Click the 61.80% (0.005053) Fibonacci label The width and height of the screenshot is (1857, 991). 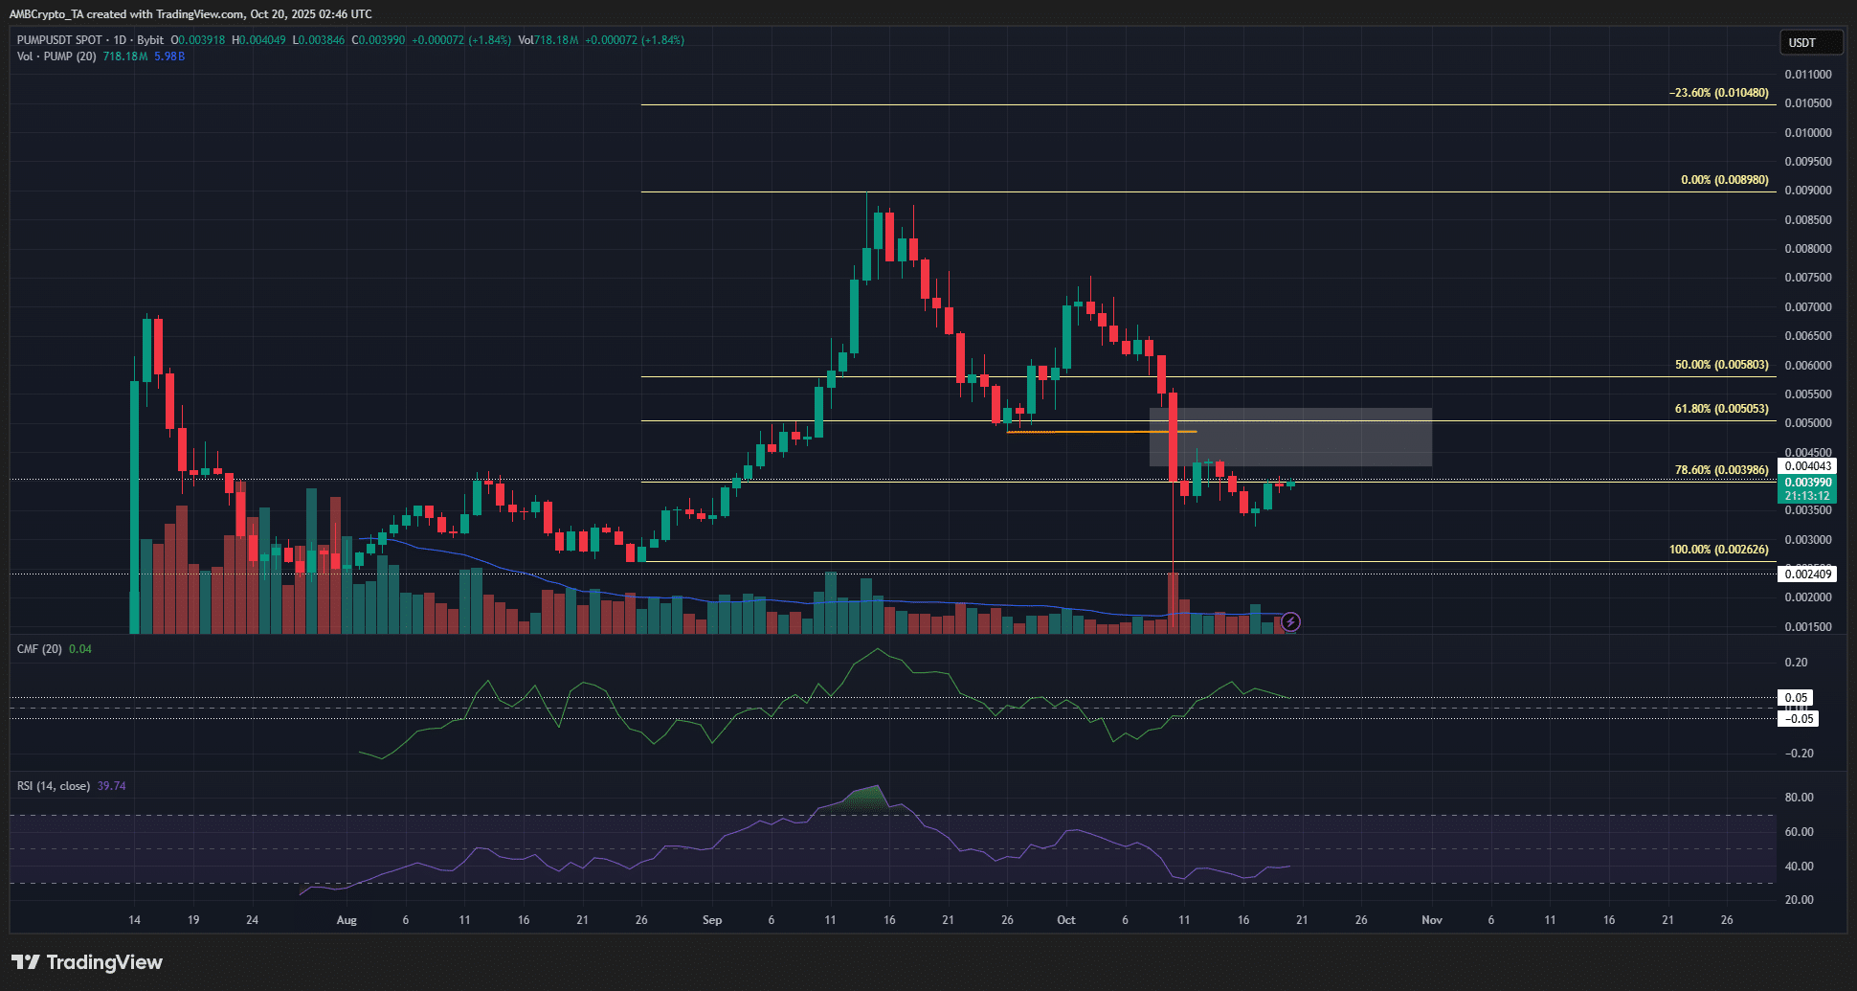click(x=1721, y=409)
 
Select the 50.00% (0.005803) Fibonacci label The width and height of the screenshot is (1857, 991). click(x=1721, y=365)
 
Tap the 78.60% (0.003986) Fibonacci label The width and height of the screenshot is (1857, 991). click(x=1721, y=470)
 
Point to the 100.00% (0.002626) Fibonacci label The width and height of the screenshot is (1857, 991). click(x=1718, y=550)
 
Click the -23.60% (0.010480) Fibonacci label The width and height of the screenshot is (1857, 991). click(x=1718, y=93)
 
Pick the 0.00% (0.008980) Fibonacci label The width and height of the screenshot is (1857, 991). click(x=1724, y=180)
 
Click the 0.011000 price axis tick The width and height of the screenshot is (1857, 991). click(x=1807, y=75)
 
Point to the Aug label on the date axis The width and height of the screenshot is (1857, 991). click(x=347, y=920)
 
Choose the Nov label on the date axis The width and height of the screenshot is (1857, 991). click(x=1431, y=920)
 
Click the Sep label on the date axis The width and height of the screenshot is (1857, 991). click(x=712, y=920)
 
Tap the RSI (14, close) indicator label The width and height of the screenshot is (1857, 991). click(x=54, y=786)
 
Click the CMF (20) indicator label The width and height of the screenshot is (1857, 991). click(x=39, y=649)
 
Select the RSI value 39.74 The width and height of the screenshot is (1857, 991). click(x=112, y=786)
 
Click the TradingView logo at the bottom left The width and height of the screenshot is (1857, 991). click(x=87, y=962)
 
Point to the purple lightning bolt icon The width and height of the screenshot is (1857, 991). click(x=1290, y=622)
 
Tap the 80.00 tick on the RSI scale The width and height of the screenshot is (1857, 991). click(x=1799, y=798)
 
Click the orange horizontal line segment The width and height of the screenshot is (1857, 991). click(x=1101, y=432)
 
